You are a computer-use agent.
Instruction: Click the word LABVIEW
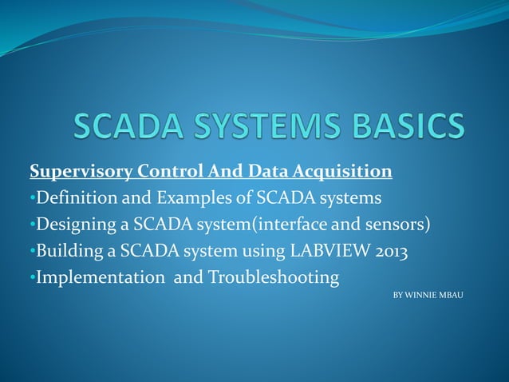pyautogui.click(x=319, y=252)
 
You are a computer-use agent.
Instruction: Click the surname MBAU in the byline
pyautogui.click(x=452, y=296)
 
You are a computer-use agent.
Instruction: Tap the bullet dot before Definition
pyautogui.click(x=32, y=197)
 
